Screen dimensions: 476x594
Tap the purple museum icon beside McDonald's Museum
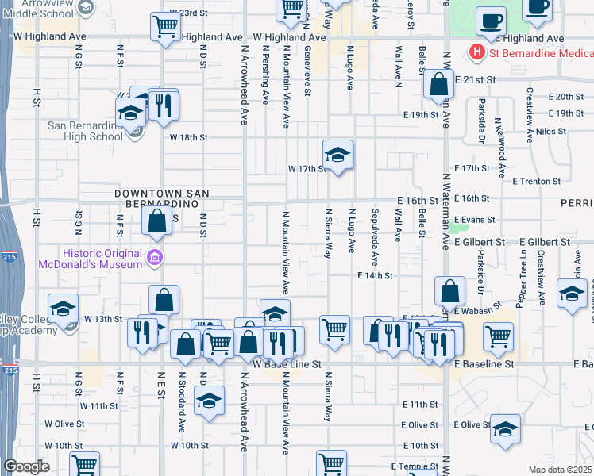[x=154, y=257]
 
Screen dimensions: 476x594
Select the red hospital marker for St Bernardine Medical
[x=477, y=53]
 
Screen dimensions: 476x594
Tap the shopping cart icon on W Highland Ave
[x=164, y=26]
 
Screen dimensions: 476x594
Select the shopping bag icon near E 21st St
[x=438, y=84]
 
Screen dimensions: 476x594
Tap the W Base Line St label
[x=287, y=364]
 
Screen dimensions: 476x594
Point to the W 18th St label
[x=188, y=137]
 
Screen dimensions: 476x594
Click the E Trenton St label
[x=537, y=181]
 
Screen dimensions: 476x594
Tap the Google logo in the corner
[x=25, y=466]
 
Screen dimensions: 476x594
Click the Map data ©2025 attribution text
[x=559, y=470]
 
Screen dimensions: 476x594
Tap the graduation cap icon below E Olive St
[x=505, y=431]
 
